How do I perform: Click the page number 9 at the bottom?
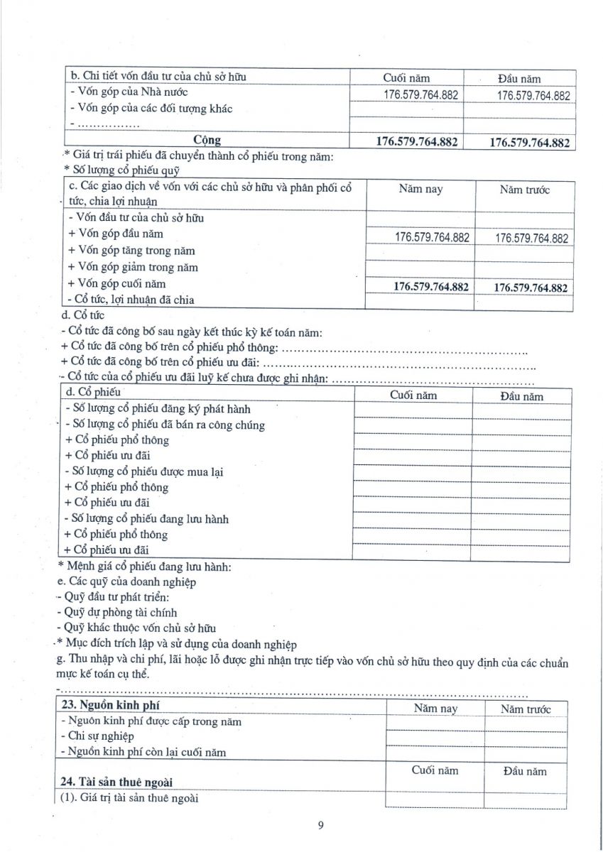click(x=321, y=825)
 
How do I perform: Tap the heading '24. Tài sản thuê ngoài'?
click(x=116, y=782)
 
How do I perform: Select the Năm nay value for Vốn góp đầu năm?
click(x=432, y=237)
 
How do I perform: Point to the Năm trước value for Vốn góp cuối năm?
click(x=531, y=288)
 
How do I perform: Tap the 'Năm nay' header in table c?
click(x=420, y=190)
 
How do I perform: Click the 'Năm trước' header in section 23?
click(x=525, y=709)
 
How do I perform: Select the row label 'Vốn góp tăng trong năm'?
click(x=131, y=251)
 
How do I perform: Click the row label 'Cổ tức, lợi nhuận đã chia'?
click(x=131, y=300)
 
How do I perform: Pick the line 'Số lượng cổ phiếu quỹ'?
click(x=121, y=170)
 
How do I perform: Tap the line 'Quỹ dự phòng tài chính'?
click(x=116, y=612)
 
